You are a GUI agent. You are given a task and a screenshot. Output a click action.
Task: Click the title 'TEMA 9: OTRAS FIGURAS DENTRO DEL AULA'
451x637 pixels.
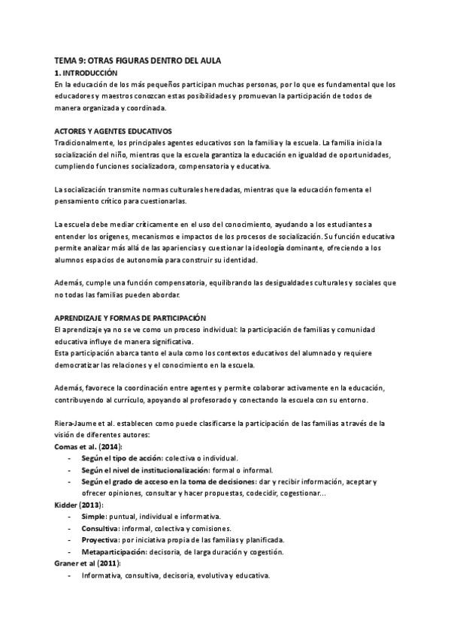pyautogui.click(x=138, y=60)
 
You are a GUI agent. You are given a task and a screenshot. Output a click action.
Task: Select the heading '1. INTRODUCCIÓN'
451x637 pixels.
pyautogui.click(x=86, y=73)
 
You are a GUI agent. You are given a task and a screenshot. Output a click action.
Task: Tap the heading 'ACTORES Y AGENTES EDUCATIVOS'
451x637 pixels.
pyautogui.click(x=114, y=131)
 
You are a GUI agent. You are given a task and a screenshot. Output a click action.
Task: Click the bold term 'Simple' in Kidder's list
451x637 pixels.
pyautogui.click(x=92, y=517)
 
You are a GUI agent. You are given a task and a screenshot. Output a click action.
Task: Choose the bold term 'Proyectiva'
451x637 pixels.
pyautogui.click(x=100, y=540)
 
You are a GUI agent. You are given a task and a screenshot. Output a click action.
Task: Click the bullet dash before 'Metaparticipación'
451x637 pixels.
pyautogui.click(x=70, y=552)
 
